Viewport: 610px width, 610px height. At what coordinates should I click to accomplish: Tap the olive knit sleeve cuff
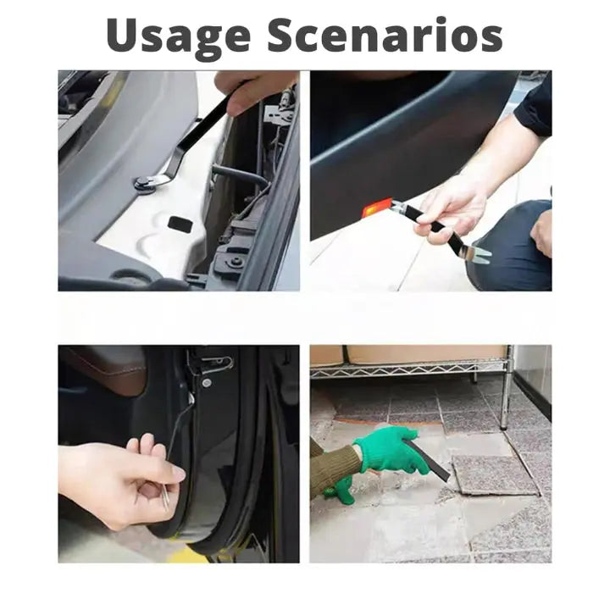click(337, 469)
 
